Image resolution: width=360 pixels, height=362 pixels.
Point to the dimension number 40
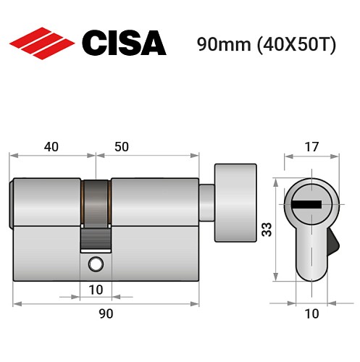click(51, 146)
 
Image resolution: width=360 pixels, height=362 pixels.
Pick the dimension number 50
click(121, 146)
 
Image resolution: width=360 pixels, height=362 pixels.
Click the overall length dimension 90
click(106, 313)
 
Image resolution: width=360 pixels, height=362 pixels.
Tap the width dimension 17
click(311, 146)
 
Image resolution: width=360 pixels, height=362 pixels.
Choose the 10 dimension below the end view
click(311, 313)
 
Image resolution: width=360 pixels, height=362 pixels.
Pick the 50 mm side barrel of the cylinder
click(154, 202)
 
